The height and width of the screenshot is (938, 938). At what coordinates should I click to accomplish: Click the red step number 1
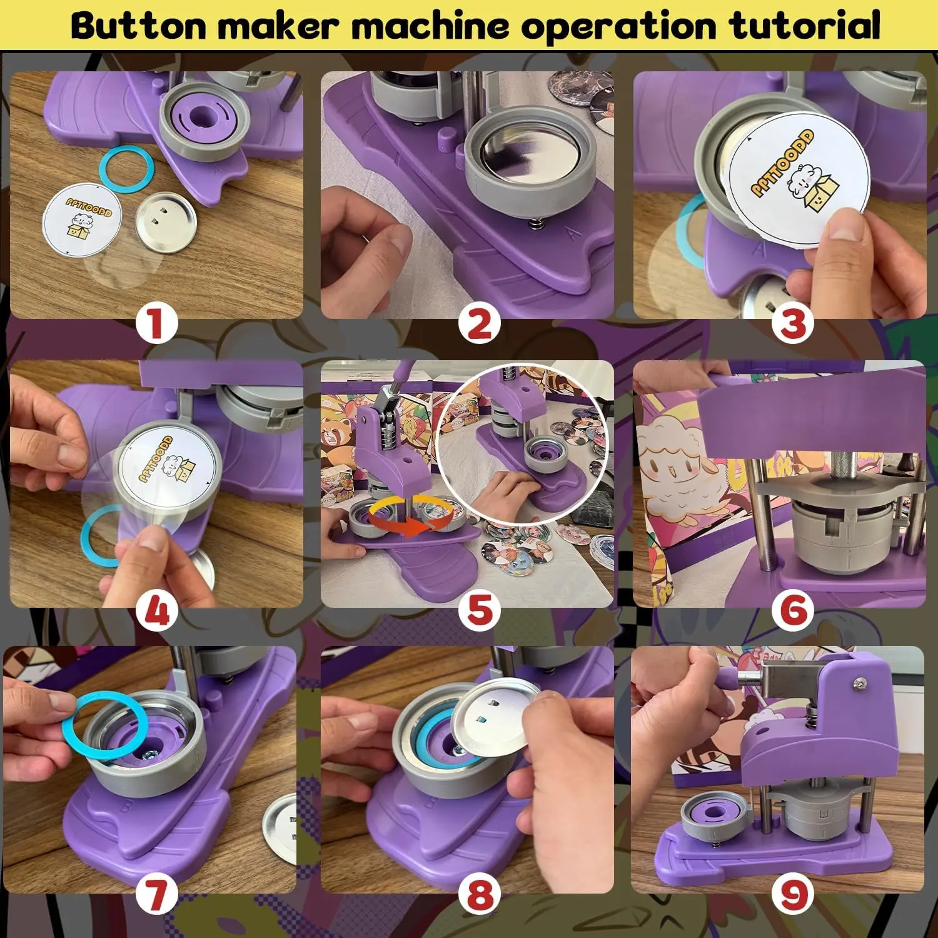click(156, 325)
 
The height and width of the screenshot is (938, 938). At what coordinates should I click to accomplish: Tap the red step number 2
click(479, 325)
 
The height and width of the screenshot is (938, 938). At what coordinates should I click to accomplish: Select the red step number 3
click(792, 325)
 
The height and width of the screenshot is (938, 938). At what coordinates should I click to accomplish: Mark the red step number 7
click(156, 895)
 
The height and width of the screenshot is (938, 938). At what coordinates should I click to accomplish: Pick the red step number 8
click(479, 895)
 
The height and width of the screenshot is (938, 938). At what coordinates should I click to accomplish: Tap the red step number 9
click(792, 895)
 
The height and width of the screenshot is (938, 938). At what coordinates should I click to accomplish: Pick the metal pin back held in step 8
click(494, 719)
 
